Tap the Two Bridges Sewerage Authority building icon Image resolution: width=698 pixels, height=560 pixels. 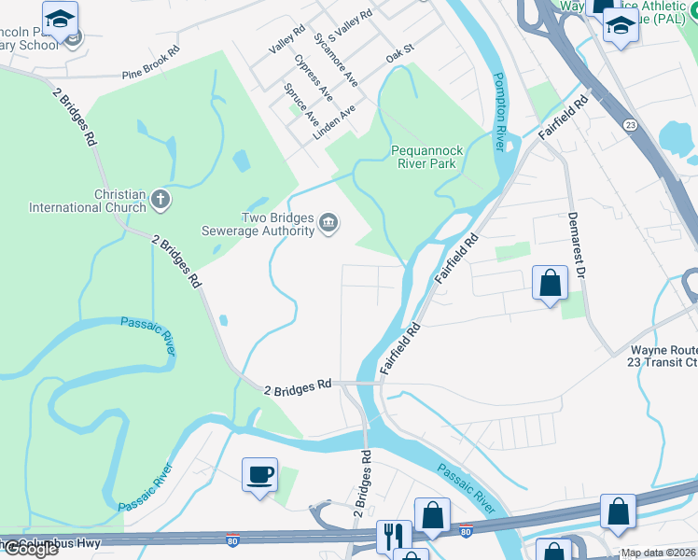328,222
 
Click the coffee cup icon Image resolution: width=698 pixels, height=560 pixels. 259,474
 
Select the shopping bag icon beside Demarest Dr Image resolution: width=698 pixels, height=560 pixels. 550,282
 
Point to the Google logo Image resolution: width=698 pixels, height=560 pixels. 30,549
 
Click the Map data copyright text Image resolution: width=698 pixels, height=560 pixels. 658,553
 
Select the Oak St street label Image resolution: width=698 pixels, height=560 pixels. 399,57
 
